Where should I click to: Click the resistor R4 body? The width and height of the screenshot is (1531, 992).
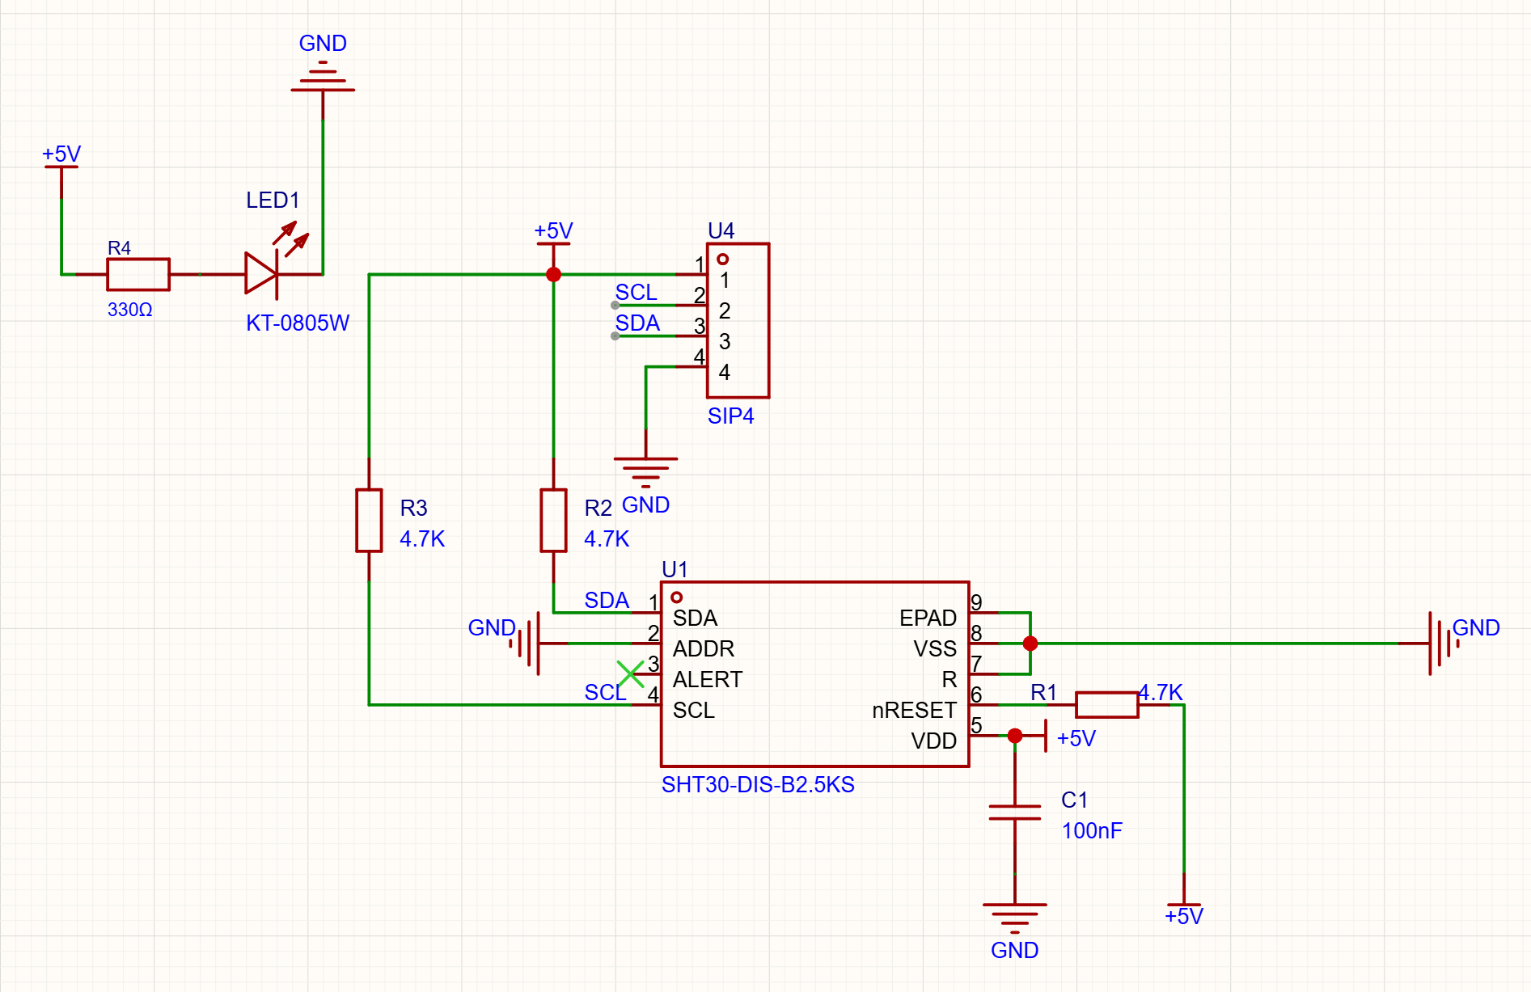click(x=138, y=274)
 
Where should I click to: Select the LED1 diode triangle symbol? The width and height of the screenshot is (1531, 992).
click(x=261, y=274)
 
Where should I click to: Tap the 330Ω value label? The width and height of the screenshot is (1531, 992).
click(x=130, y=310)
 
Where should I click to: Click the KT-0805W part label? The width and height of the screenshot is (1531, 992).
click(x=298, y=323)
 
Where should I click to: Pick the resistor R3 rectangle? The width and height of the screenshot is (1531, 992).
click(x=369, y=520)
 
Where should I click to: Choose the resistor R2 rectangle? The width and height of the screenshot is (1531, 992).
click(x=553, y=520)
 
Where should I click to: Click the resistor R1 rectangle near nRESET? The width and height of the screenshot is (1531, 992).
click(x=1106, y=705)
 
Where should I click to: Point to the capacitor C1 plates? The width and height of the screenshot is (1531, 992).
click(x=1015, y=813)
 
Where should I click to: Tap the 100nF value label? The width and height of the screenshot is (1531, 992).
click(x=1092, y=831)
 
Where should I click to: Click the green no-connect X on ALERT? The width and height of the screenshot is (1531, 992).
click(x=630, y=673)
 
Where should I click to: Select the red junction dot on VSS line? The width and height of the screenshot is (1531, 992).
click(x=1030, y=644)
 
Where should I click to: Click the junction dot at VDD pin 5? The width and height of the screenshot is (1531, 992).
click(x=1015, y=736)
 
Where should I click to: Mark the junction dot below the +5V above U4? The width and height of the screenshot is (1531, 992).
click(x=553, y=275)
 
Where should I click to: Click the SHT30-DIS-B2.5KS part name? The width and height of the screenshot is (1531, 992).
click(x=758, y=785)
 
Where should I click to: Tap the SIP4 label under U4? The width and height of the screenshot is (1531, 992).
click(x=730, y=416)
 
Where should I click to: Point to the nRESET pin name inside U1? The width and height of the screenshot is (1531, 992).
click(x=914, y=711)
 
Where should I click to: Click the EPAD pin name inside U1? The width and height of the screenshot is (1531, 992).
click(x=928, y=618)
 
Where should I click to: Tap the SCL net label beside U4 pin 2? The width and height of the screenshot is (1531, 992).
click(x=636, y=293)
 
